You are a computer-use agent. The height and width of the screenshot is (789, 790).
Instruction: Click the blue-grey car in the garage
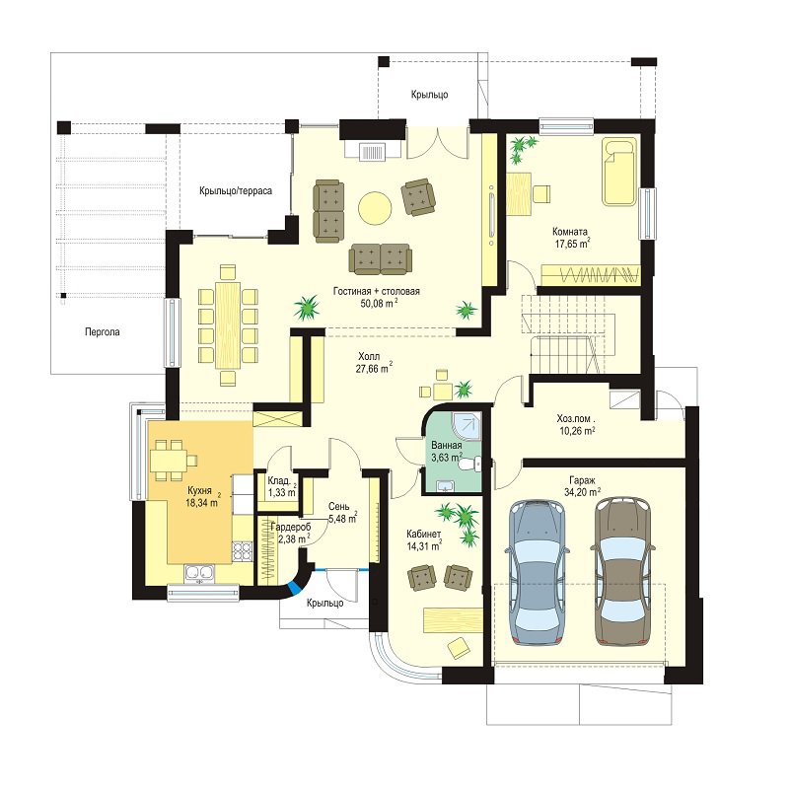tap(538, 573)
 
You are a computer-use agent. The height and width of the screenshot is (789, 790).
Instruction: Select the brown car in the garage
tap(621, 572)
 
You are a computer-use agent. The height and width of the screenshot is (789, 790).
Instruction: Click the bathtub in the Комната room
tap(619, 173)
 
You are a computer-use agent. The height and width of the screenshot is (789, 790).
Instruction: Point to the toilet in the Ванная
tap(469, 464)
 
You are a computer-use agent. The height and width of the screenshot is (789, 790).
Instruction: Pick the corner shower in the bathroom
tap(467, 427)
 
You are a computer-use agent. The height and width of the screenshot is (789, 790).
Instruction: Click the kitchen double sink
tap(200, 574)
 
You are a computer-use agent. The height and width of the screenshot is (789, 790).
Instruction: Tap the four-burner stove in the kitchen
tap(242, 550)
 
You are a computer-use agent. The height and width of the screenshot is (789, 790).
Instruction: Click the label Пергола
tap(103, 332)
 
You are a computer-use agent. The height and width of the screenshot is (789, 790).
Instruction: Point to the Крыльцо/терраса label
tap(236, 191)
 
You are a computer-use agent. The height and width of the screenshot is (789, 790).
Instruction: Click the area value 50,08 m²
tap(379, 303)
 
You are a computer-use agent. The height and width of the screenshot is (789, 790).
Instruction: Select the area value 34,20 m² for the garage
tap(582, 492)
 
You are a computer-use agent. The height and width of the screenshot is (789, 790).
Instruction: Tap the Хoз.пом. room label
tap(576, 419)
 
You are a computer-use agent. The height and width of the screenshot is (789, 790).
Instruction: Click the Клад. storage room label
tap(278, 480)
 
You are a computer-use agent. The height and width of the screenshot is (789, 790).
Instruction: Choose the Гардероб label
tap(291, 527)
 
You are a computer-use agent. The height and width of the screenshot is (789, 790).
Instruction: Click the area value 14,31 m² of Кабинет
tap(424, 545)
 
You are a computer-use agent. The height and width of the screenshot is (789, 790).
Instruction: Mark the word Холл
tap(369, 357)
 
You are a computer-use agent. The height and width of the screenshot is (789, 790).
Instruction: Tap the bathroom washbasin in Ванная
tap(445, 485)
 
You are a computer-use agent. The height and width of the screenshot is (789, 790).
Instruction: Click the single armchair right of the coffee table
tap(417, 197)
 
